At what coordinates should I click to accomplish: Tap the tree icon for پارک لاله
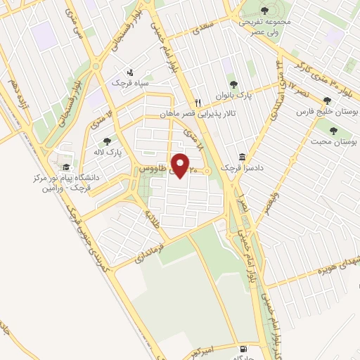pyautogui.click(x=107, y=141)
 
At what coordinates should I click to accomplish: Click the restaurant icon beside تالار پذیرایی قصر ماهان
pyautogui.click(x=198, y=103)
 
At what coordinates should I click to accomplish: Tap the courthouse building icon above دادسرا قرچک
pyautogui.click(x=242, y=157)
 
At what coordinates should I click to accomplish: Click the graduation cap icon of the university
pyautogui.click(x=67, y=167)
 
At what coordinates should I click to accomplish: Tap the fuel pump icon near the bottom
pyautogui.click(x=243, y=348)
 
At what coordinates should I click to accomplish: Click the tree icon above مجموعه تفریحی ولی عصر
pyautogui.click(x=264, y=10)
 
